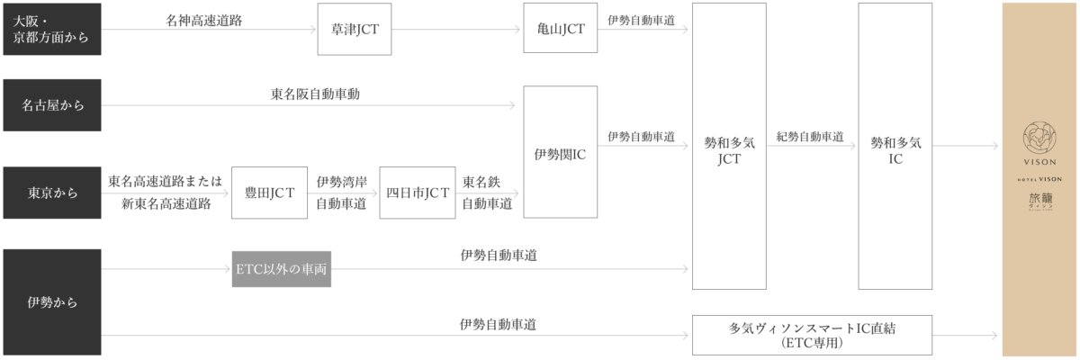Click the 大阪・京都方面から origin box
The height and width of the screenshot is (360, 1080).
coord(51,29)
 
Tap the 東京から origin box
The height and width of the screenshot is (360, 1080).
coord(51,193)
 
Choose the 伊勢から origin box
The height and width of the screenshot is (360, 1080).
coord(51,301)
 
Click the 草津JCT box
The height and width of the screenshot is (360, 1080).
coord(355,29)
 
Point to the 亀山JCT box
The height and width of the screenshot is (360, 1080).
coord(561,29)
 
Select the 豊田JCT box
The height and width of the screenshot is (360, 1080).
coord(264,193)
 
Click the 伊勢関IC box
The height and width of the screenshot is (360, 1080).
coord(561,152)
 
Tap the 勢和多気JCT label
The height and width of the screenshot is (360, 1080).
coord(729,149)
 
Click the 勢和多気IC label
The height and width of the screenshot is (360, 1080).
coord(895,149)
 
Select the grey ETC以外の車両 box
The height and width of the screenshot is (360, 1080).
coord(283,269)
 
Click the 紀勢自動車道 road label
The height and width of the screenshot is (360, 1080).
coord(810,137)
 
